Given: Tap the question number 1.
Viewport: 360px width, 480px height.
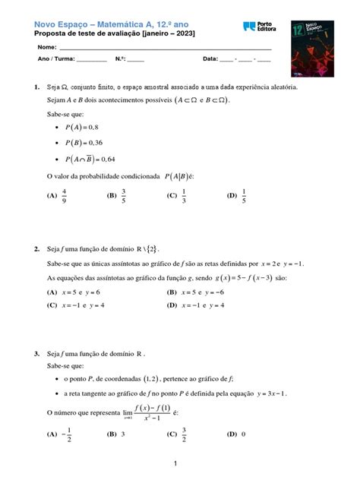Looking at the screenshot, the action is [x=36, y=87].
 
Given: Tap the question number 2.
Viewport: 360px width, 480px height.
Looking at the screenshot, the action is [x=36, y=248].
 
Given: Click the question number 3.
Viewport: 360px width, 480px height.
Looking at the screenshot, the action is [x=36, y=355].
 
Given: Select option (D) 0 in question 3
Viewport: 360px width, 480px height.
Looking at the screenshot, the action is [x=236, y=434].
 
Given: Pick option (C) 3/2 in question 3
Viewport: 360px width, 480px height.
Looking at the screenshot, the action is [x=178, y=434].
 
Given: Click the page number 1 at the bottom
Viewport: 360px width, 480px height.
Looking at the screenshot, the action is [x=175, y=463].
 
